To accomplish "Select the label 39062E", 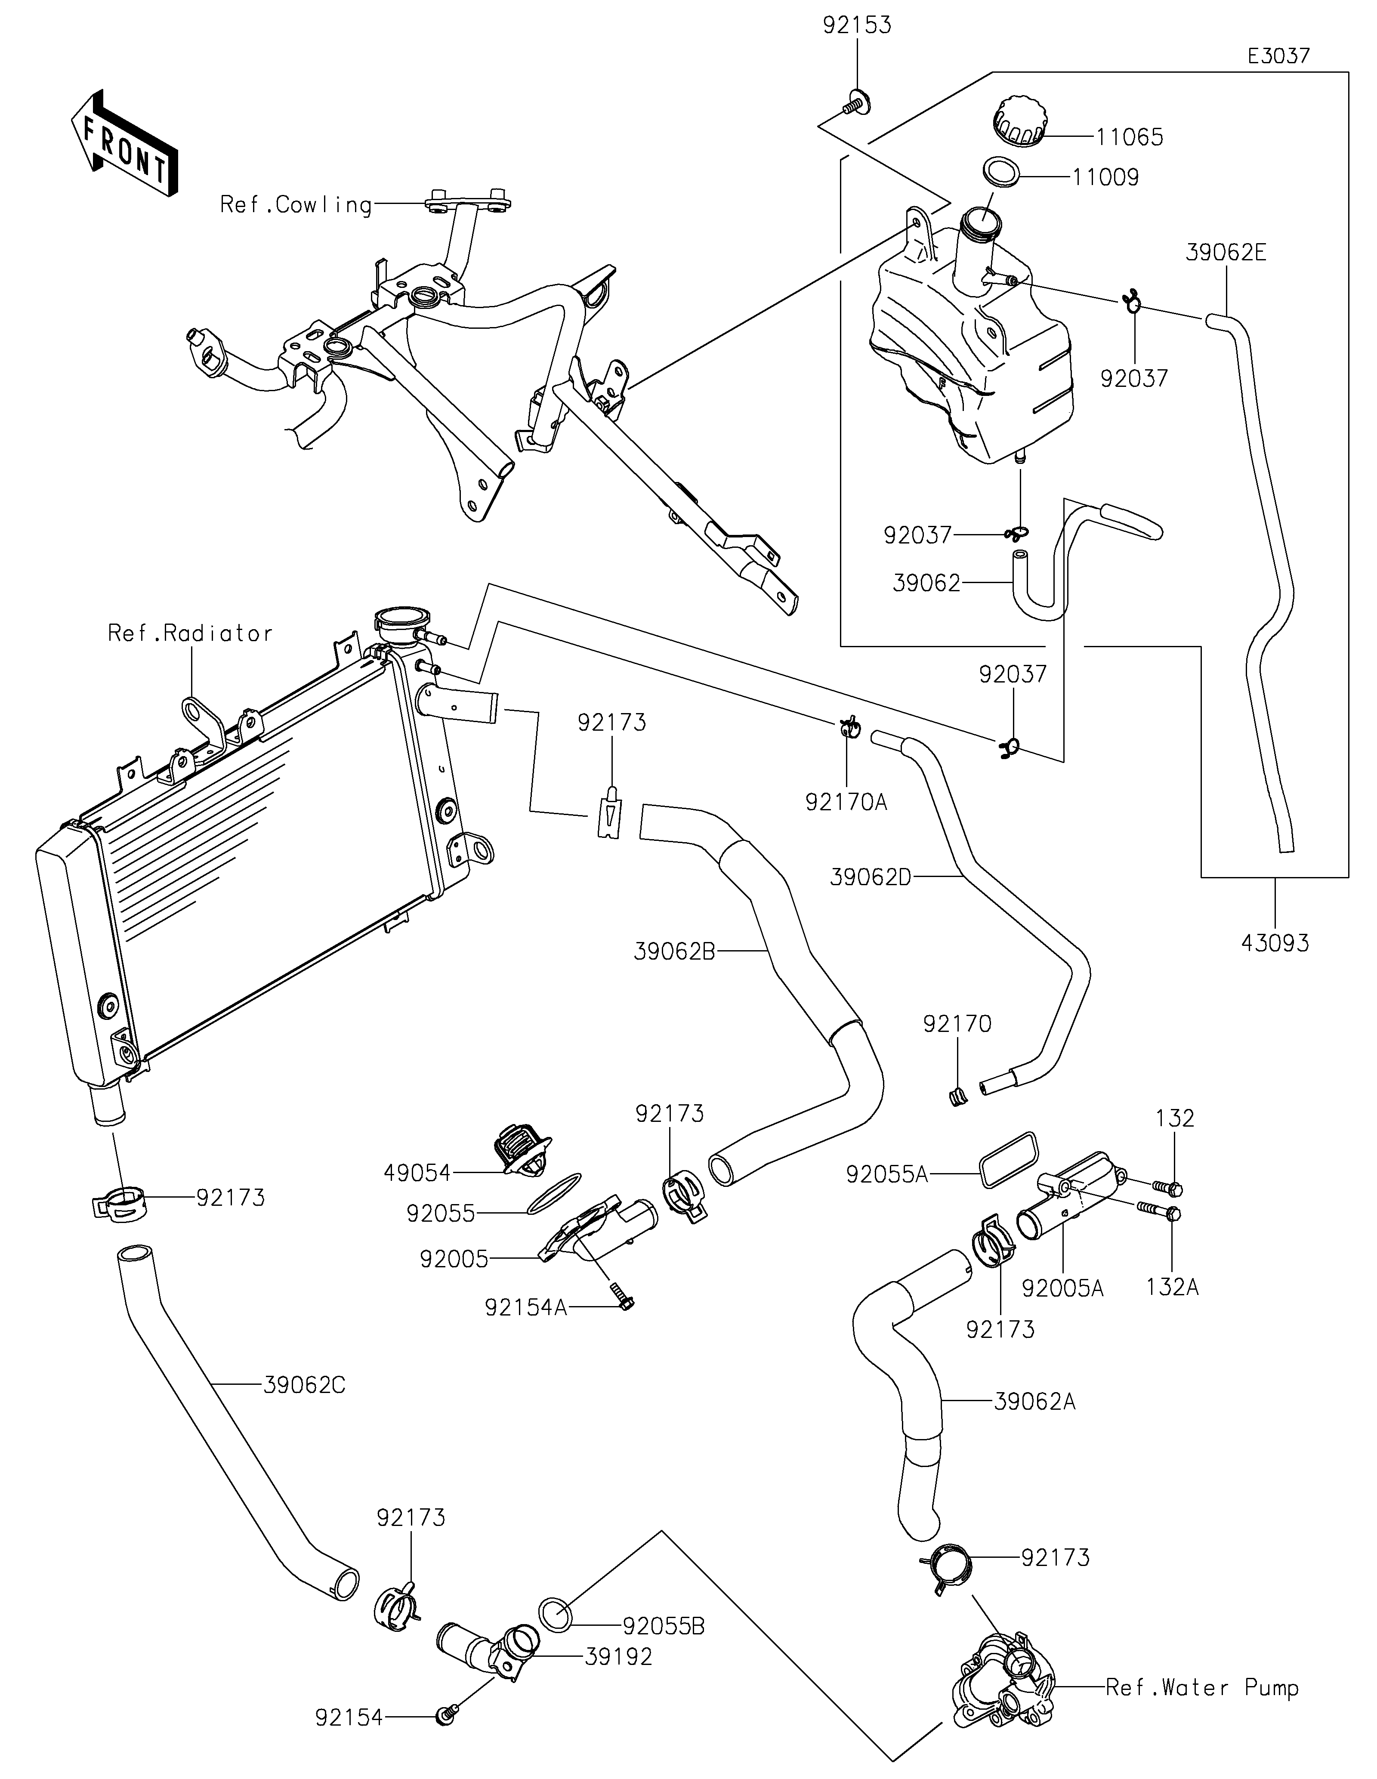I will (x=1226, y=253).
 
